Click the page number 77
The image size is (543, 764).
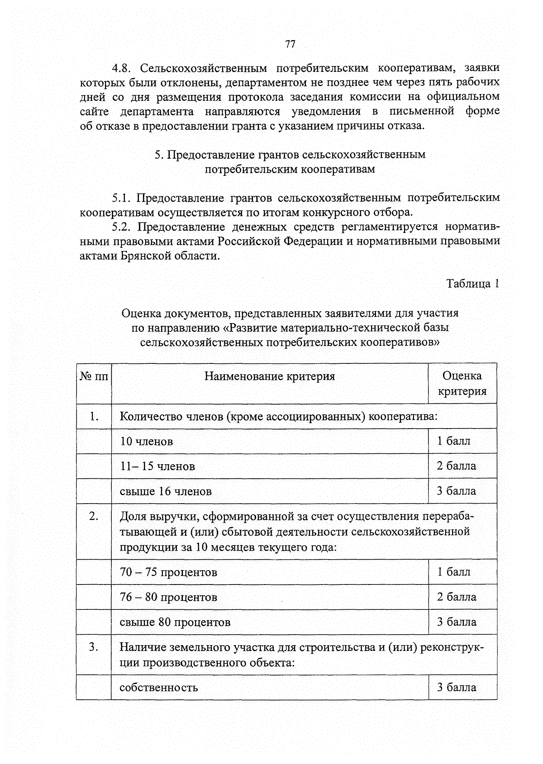pyautogui.click(x=290, y=44)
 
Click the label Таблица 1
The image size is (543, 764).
pyautogui.click(x=472, y=283)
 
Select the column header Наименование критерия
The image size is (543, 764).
pyautogui.click(x=270, y=376)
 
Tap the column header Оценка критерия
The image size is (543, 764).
pyautogui.click(x=462, y=383)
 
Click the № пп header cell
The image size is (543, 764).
pyautogui.click(x=94, y=376)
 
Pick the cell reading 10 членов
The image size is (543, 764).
pyautogui.click(x=146, y=441)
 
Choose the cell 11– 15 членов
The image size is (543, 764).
pyautogui.click(x=157, y=466)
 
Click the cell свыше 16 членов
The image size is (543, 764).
pyautogui.click(x=166, y=491)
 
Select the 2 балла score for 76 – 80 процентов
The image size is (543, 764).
pyautogui.click(x=456, y=597)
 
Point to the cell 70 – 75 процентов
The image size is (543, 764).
pyautogui.click(x=168, y=572)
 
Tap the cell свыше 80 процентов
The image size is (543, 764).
pyautogui.click(x=175, y=622)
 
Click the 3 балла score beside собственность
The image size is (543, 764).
pyautogui.click(x=456, y=687)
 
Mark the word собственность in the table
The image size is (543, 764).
pyautogui.click(x=159, y=688)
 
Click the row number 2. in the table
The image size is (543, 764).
pyautogui.click(x=94, y=516)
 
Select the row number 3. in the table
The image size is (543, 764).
pyautogui.click(x=94, y=647)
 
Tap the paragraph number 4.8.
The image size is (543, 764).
pyautogui.click(x=121, y=68)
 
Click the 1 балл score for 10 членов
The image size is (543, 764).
pyautogui.click(x=453, y=441)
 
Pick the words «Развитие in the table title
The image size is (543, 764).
pyautogui.click(x=253, y=327)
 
